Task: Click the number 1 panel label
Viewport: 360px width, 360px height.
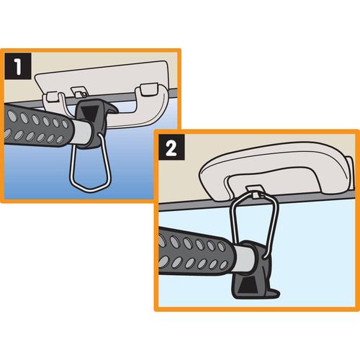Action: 18,66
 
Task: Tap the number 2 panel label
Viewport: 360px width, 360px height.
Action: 171,147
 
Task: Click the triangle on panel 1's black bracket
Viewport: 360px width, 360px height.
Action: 89,112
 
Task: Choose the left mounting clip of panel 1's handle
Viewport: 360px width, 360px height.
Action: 53,96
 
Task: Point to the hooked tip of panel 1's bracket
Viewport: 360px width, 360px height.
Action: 113,109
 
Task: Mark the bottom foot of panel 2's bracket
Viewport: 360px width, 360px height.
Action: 274,293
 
